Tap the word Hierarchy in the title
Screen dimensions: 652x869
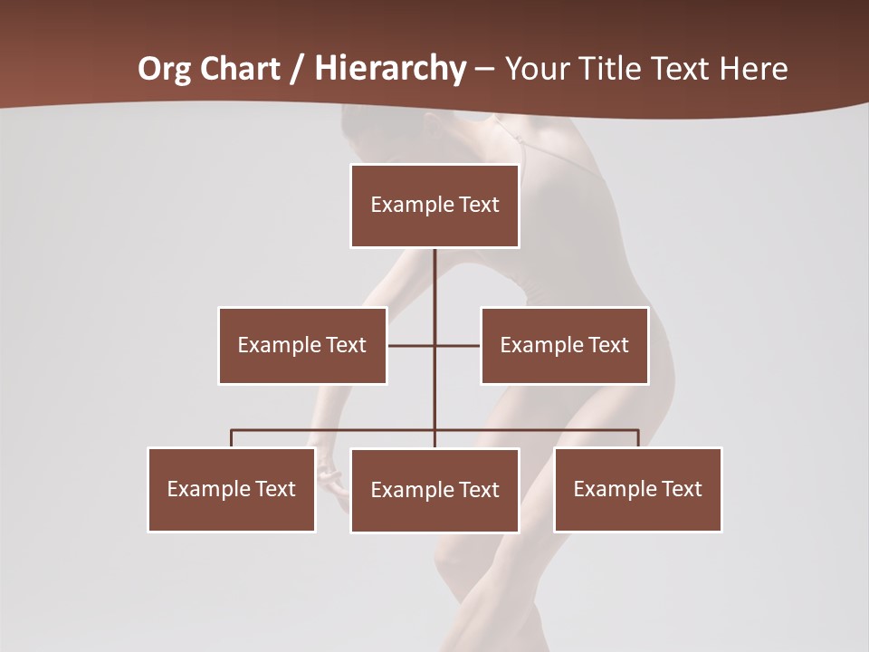[390, 69]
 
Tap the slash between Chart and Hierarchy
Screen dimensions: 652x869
[296, 70]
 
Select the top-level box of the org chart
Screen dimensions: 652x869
[434, 206]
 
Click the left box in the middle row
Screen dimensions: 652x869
[302, 345]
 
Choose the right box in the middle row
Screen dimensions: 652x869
[565, 345]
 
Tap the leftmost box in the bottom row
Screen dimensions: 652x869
[232, 489]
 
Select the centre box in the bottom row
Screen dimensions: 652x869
[434, 490]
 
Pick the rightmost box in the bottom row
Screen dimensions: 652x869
[638, 489]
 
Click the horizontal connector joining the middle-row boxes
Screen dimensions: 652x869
[412, 345]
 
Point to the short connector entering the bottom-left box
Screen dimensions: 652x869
[232, 438]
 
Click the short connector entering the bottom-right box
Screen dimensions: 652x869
[638, 438]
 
